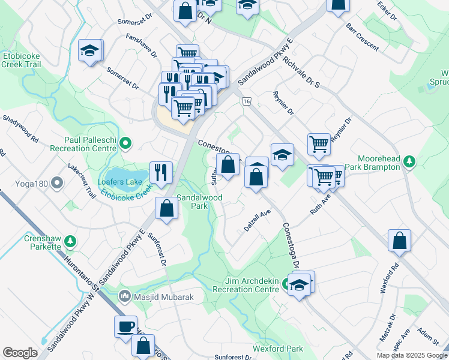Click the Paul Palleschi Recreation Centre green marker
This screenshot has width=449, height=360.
click(125, 143)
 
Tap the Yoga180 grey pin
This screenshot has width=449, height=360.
click(57, 182)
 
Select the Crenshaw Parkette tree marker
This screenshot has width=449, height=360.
click(70, 241)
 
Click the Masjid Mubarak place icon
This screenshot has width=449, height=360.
click(125, 295)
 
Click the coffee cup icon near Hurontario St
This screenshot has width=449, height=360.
click(126, 326)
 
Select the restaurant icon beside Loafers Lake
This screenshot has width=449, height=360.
click(161, 172)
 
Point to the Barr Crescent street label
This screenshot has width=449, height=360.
click(362, 37)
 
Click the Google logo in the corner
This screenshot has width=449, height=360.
click(20, 353)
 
